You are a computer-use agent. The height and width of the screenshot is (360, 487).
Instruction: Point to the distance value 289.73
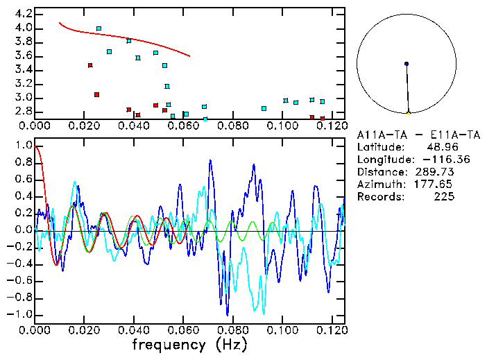point(438,172)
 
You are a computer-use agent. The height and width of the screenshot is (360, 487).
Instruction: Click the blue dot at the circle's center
point(407,63)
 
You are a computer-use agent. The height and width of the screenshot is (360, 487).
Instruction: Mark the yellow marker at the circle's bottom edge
point(409,112)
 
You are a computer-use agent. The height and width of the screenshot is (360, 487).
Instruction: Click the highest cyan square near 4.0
point(99,28)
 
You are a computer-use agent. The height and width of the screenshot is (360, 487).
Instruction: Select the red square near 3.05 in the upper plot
point(96,94)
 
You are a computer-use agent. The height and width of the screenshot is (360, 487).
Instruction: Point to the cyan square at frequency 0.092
point(264,108)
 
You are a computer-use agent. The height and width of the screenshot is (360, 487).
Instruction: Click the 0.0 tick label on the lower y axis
point(23,230)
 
